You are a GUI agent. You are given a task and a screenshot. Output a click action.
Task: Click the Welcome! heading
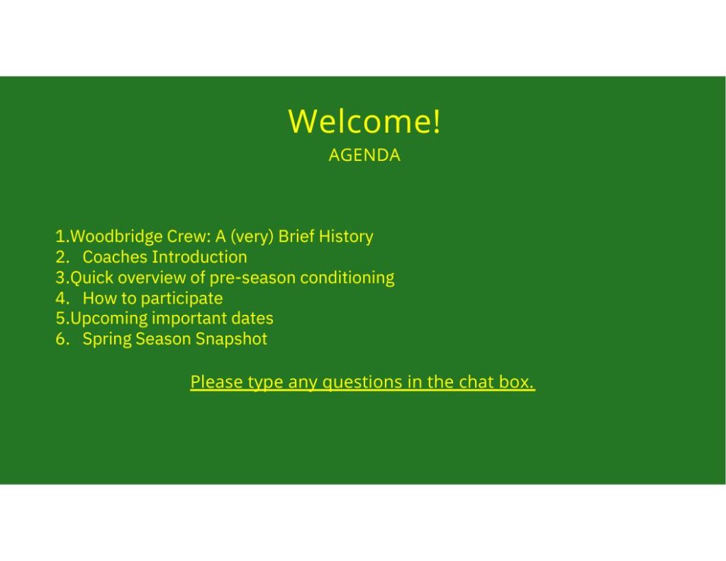coord(364,121)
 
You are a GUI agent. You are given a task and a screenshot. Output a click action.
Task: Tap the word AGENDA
coord(364,155)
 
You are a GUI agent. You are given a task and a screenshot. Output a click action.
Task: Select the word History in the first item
coord(346,236)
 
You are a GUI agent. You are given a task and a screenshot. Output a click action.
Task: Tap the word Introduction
coord(199,257)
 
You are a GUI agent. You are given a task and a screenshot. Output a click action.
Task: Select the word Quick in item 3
coord(91,278)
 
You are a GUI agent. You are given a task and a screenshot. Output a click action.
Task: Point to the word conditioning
coord(347,278)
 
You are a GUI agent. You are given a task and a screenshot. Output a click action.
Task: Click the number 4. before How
coord(62,298)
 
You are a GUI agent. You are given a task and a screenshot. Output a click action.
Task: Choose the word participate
coord(181,299)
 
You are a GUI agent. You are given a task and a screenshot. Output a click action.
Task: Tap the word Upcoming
coord(108,318)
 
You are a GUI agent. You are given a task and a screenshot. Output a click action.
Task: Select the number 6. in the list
coord(62,339)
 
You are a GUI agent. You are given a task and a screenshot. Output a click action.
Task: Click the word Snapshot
coord(231,339)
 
